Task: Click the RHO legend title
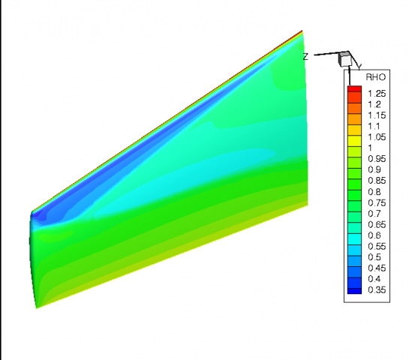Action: point(376,77)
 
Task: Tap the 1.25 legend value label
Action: point(377,94)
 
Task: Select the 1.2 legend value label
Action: point(374,104)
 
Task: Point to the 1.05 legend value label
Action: point(377,137)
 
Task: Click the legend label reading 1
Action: point(370,148)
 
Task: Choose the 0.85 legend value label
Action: point(377,181)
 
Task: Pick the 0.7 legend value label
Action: point(374,214)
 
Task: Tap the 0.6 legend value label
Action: point(374,235)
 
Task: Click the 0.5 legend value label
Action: point(374,257)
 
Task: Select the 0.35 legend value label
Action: point(377,290)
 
